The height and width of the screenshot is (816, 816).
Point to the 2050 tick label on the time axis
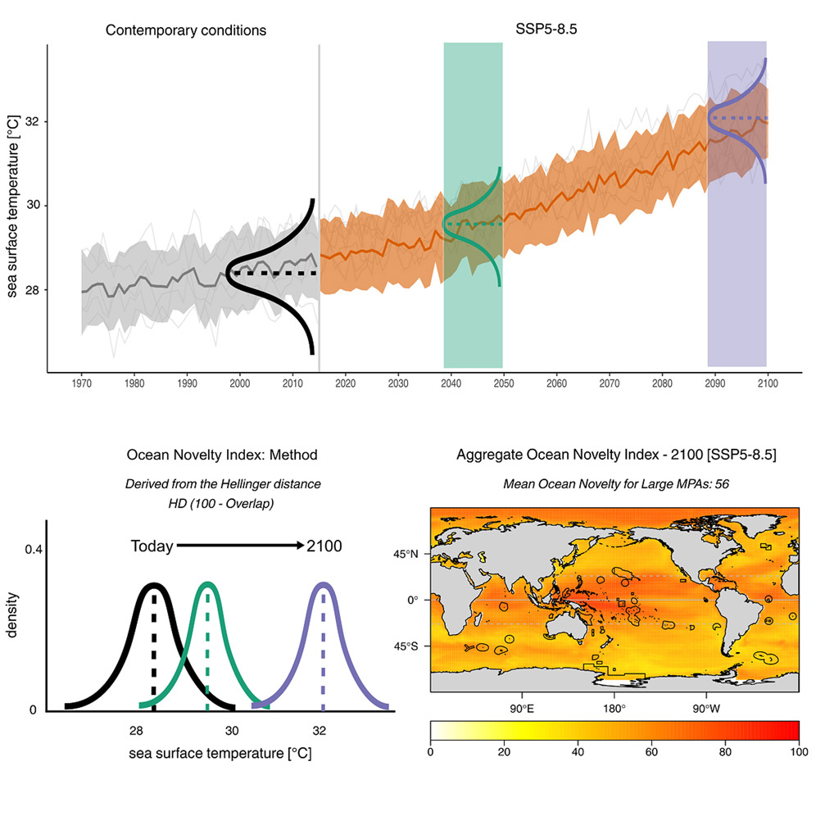(502, 383)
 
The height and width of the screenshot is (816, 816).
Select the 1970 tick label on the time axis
(82, 383)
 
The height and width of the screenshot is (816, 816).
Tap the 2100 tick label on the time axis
(767, 383)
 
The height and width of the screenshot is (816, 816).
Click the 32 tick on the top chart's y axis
(30, 122)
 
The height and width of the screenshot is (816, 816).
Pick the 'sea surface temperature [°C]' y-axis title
(13, 206)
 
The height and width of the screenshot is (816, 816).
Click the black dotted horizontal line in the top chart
(270, 272)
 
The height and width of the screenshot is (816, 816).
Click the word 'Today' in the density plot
(152, 546)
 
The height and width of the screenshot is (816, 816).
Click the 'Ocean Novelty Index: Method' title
(222, 455)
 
